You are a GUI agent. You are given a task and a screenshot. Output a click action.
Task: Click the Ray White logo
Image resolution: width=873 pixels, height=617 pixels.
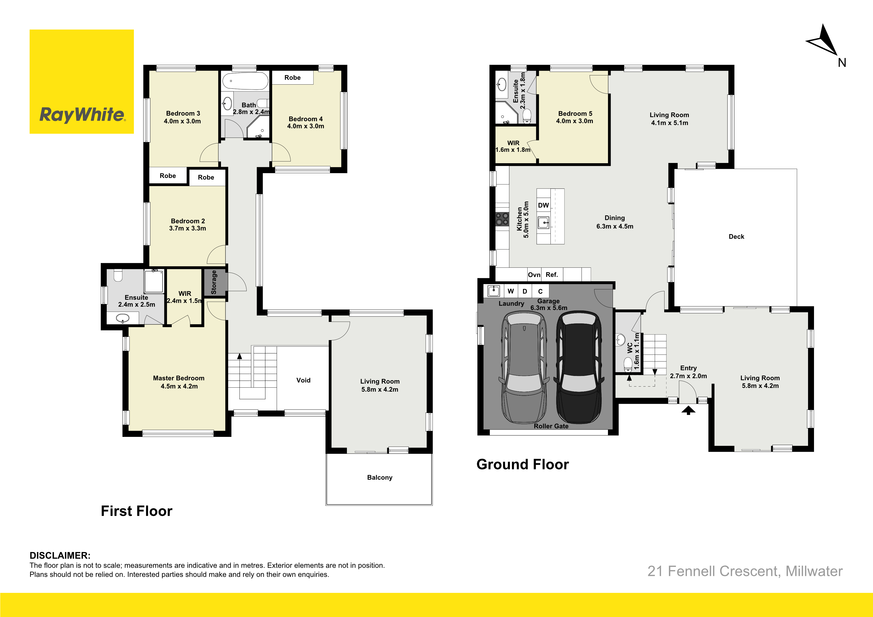pyautogui.click(x=82, y=82)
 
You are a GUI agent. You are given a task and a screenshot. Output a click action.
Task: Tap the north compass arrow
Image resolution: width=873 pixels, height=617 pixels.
pyautogui.click(x=824, y=42)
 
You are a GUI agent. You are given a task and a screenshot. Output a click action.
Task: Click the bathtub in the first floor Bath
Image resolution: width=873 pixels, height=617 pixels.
pyautogui.click(x=245, y=81)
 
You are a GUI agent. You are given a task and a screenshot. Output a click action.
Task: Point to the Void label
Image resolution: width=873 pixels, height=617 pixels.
pyautogui.click(x=303, y=380)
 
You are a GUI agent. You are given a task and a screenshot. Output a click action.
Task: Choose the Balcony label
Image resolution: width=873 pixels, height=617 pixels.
pyautogui.click(x=380, y=477)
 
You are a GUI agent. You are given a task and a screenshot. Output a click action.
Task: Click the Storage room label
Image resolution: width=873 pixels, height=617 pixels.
pyautogui.click(x=214, y=282)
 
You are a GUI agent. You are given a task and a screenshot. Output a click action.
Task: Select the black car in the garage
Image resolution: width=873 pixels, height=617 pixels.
pyautogui.click(x=579, y=367)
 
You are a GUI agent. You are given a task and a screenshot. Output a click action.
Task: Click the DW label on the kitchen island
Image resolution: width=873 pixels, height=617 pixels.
pyautogui.click(x=543, y=205)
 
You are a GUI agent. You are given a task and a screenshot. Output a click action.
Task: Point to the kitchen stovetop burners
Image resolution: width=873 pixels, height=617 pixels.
pyautogui.click(x=502, y=219)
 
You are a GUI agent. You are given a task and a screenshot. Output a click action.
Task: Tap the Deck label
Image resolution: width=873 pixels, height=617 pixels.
pyautogui.click(x=736, y=236)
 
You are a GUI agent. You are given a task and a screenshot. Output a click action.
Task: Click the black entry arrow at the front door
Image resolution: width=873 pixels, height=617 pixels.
pyautogui.click(x=688, y=410)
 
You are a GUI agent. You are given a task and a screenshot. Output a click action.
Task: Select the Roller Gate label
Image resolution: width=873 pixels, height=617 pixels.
pyautogui.click(x=551, y=426)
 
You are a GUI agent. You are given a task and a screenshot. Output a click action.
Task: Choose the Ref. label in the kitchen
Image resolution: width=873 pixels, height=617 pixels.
pyautogui.click(x=552, y=274)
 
